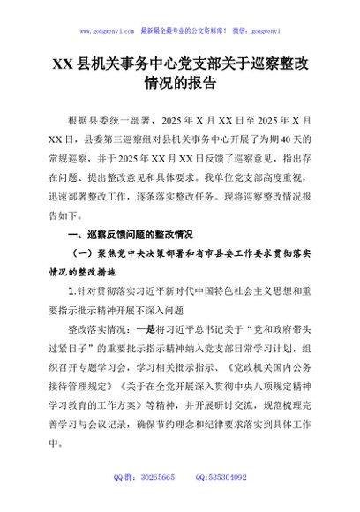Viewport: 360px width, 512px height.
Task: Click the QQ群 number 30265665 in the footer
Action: pos(155,501)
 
